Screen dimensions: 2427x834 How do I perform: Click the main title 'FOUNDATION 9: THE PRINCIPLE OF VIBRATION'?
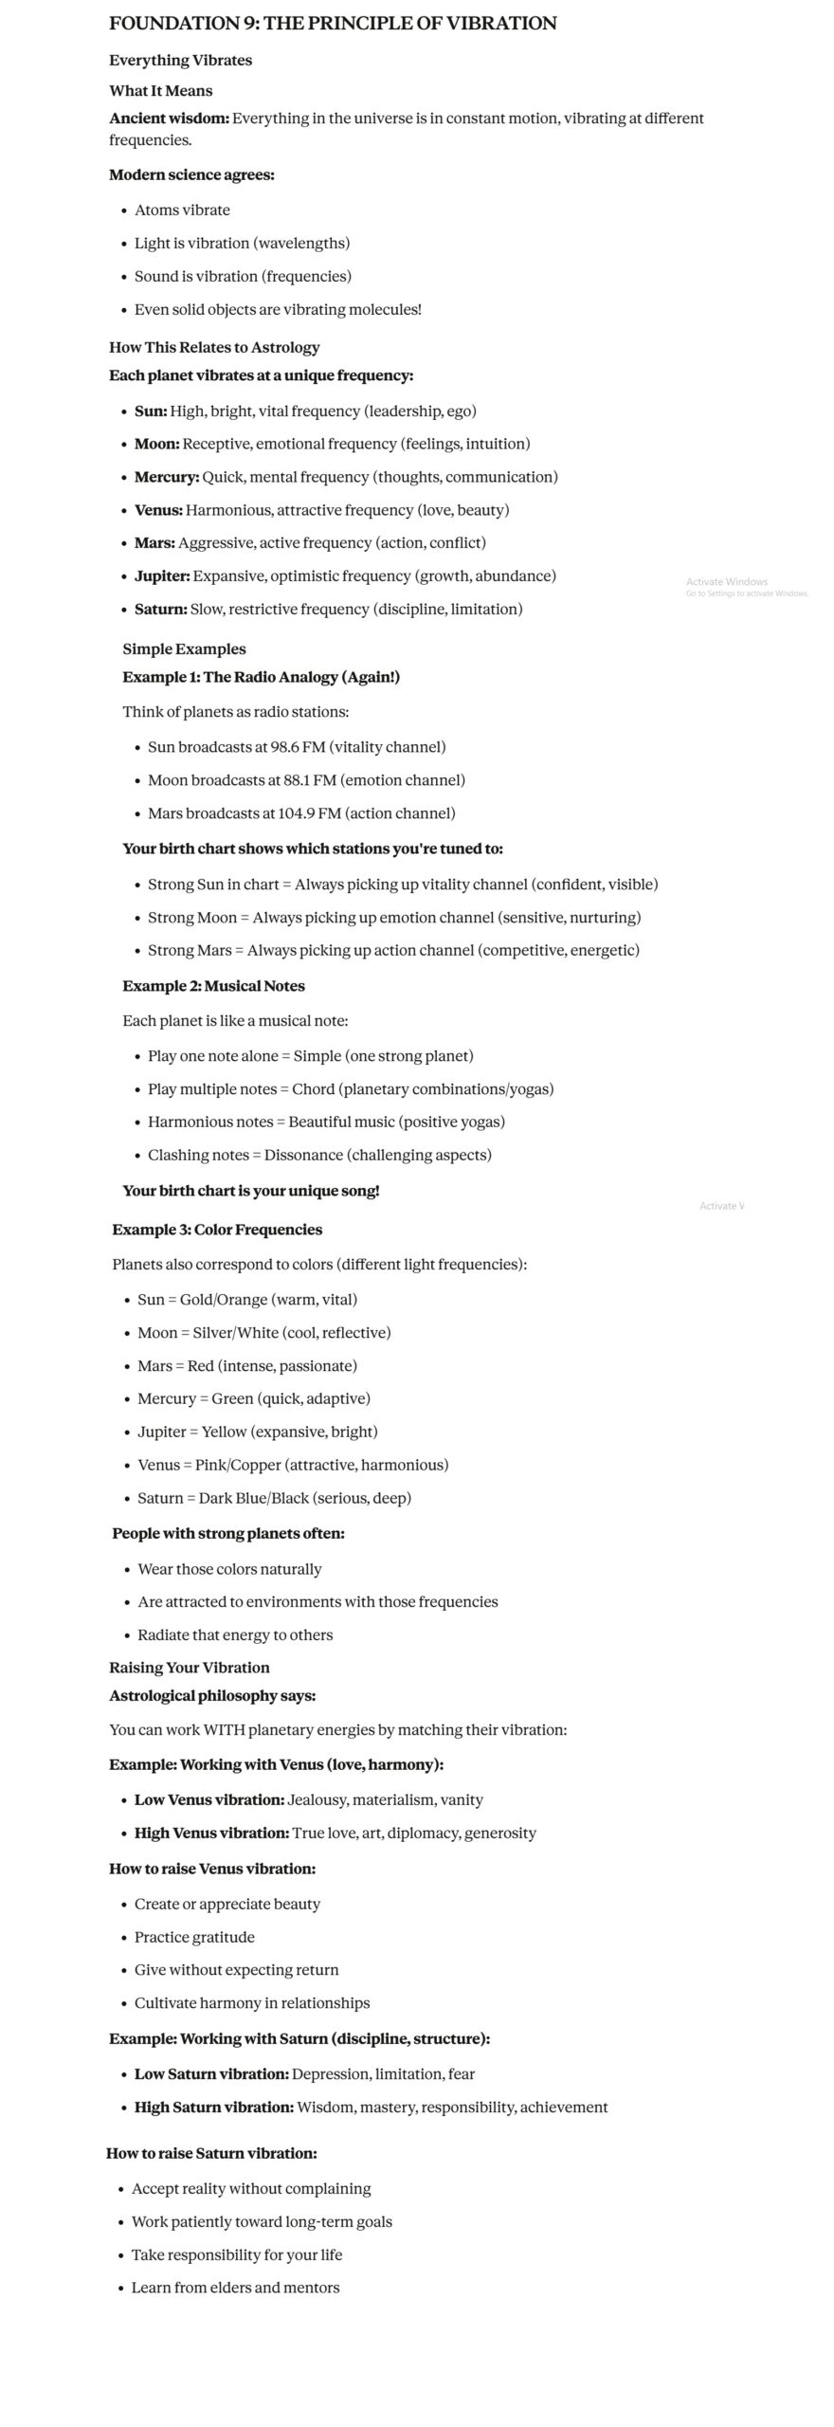333,24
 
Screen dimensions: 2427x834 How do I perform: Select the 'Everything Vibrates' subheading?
180,61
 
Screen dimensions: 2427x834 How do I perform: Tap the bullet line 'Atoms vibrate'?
182,210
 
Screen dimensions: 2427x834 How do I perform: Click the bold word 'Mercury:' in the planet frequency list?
166,477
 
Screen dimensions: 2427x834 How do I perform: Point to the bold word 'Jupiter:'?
161,576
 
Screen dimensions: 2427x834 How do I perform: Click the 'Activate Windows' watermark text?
727,582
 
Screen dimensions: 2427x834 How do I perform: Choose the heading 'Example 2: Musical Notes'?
213,986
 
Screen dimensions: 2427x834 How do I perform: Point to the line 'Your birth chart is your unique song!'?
250,1191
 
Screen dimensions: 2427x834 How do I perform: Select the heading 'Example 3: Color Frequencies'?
217,1230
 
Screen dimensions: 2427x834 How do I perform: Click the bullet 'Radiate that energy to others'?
235,1634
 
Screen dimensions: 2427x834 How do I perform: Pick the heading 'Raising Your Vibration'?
189,1668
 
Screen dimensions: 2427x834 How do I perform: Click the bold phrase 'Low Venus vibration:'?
208,1799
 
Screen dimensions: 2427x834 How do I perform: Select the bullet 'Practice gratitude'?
194,1937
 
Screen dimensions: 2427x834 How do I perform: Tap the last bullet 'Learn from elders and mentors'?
235,2288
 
